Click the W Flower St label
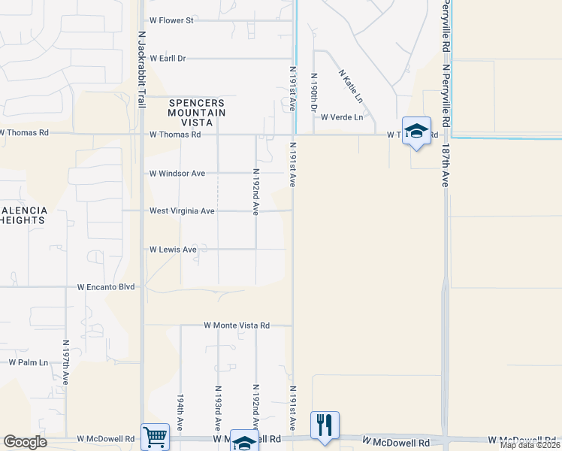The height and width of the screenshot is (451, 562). point(172,20)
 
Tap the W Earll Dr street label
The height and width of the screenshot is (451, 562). point(168,58)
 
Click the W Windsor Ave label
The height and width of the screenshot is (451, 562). point(177,174)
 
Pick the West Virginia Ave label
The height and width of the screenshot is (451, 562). point(182,211)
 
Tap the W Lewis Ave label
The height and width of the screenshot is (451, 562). point(173,249)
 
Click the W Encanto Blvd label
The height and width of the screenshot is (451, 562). point(106,287)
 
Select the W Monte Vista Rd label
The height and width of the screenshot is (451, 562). point(237,325)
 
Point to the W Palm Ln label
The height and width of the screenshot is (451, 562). point(28,362)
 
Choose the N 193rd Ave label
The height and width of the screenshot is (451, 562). point(218,407)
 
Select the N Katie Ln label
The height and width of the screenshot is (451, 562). point(351,87)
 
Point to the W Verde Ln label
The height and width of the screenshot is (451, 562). point(342,117)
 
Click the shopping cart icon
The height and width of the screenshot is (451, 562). point(156,435)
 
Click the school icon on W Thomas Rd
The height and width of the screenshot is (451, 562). point(416,131)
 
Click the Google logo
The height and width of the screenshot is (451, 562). point(25,442)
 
